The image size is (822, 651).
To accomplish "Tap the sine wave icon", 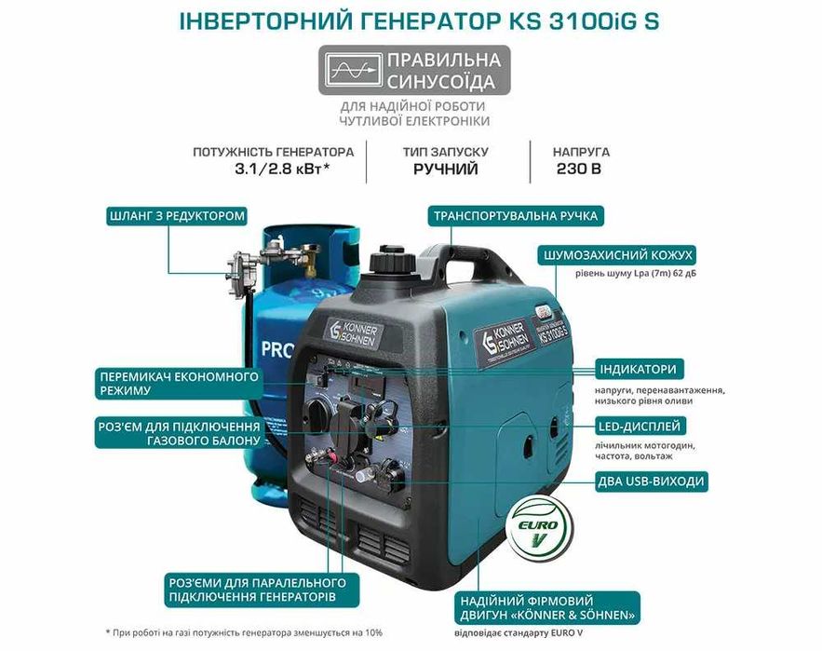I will click(x=353, y=70).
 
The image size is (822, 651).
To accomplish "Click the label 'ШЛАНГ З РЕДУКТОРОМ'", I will click(x=177, y=217).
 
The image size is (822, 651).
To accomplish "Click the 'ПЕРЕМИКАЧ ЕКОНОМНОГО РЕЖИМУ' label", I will click(x=178, y=383).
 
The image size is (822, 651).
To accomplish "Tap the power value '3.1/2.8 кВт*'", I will click(x=273, y=170).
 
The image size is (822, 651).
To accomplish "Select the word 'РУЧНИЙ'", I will click(x=446, y=170).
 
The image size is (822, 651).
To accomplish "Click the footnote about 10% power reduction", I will click(x=244, y=632).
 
